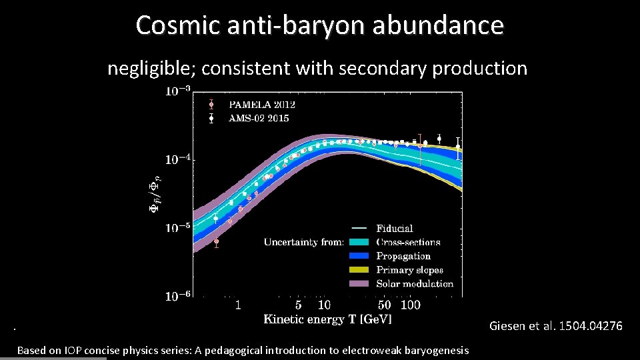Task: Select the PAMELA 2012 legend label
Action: coord(262,105)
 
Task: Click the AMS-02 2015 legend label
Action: coord(259,118)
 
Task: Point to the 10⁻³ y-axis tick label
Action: coord(177,91)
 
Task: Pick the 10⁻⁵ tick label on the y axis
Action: coord(177,227)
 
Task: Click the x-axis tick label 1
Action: coord(238,305)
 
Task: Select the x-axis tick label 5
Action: coord(298,305)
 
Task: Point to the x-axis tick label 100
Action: coord(411,305)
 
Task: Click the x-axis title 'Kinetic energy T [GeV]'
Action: coord(327,319)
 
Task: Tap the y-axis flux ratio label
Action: coord(154,193)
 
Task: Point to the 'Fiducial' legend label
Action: coord(395,229)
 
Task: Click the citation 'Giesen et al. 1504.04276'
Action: coord(555,326)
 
